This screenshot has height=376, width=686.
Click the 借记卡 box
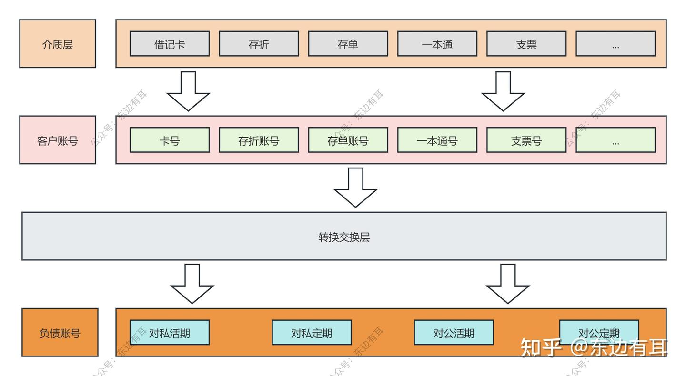(170, 44)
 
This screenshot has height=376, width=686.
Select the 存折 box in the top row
(259, 44)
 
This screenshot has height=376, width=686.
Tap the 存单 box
(348, 44)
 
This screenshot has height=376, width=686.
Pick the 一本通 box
(437, 44)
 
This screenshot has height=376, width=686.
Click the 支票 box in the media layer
(526, 44)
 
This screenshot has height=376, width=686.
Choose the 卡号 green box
(170, 140)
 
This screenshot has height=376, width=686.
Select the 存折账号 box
(259, 140)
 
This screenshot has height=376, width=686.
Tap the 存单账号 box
(348, 140)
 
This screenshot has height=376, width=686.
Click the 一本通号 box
(437, 140)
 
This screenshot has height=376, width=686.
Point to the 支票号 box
(526, 140)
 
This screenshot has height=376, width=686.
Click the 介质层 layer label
(58, 44)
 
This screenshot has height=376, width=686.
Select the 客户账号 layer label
(58, 140)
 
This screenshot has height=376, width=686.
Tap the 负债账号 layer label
(60, 333)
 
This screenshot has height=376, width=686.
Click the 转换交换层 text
(344, 237)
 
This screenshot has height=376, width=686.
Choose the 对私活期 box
(170, 333)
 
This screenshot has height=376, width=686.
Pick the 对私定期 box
(312, 333)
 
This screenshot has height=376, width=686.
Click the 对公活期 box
(454, 333)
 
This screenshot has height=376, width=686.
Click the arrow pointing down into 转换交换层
(355, 187)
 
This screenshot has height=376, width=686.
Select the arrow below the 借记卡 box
(188, 91)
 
